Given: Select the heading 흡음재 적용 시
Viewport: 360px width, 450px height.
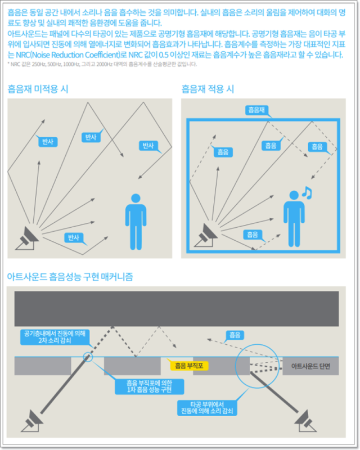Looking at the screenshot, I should pos(208,89).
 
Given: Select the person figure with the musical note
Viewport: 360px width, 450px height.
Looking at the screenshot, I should pos(293,219).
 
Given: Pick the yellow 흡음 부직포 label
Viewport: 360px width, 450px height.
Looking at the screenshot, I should pos(188,366).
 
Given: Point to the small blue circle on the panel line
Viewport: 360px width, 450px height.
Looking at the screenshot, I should pos(88,357).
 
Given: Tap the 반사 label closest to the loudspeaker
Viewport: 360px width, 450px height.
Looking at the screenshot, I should pos(73,237).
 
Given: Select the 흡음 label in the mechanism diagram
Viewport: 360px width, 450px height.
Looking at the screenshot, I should pos(233,335).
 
